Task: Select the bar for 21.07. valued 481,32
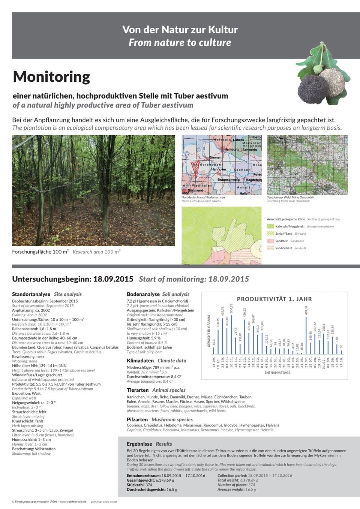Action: [x=306, y=336]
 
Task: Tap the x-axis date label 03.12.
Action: [x=244, y=362]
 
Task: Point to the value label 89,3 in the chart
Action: [x=214, y=342]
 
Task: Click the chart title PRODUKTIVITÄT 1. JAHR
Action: [x=274, y=299]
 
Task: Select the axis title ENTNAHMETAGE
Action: [x=277, y=373]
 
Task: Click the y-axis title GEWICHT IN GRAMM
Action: [x=209, y=331]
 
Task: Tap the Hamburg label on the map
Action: [x=231, y=149]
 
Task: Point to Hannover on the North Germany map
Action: [x=218, y=169]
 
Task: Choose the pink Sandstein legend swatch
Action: [x=270, y=241]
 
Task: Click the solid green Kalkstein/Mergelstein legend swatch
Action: [x=270, y=226]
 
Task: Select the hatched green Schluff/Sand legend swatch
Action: [x=270, y=234]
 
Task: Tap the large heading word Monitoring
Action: [x=51, y=76]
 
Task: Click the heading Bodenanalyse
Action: [x=144, y=294]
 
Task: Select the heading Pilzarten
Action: [x=137, y=419]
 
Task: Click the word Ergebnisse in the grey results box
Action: [x=139, y=444]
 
